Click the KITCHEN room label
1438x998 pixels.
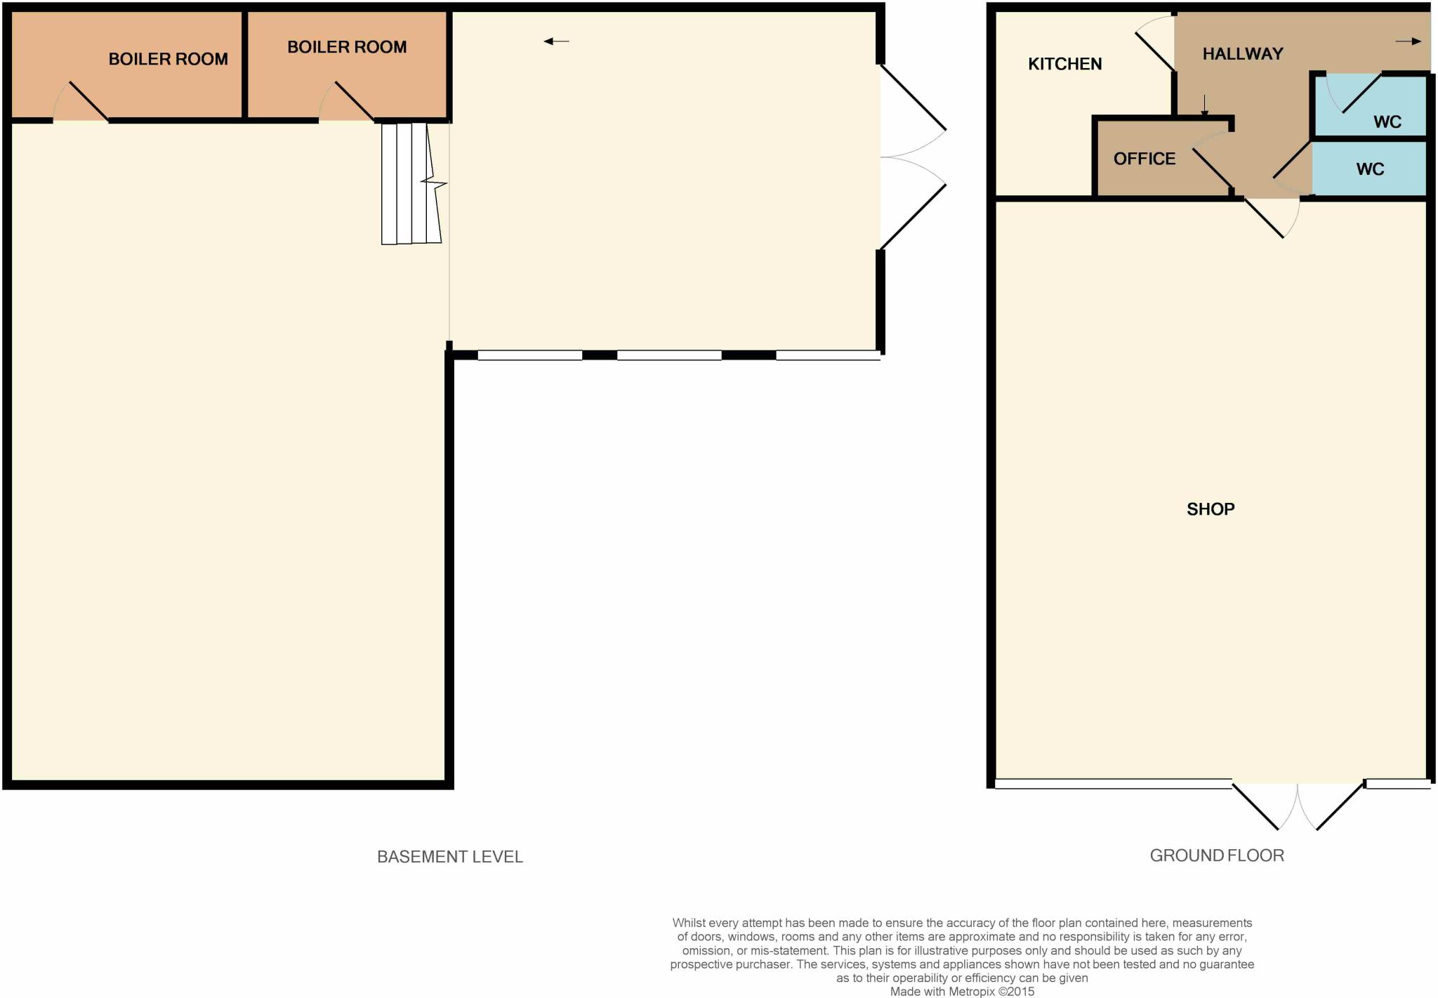(x=1064, y=64)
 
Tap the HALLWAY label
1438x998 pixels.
(x=1242, y=53)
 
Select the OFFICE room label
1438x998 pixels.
(x=1144, y=159)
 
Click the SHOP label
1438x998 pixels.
(x=1210, y=509)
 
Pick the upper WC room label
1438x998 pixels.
(x=1387, y=122)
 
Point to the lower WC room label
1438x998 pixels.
(x=1369, y=169)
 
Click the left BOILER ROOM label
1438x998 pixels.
(x=168, y=59)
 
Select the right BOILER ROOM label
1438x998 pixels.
(x=347, y=47)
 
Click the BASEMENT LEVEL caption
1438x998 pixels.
(x=449, y=857)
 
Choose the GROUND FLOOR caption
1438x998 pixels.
(x=1216, y=855)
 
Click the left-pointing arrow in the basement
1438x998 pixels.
(x=556, y=41)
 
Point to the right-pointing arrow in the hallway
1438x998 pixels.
(x=1407, y=41)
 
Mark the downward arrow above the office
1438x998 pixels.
(x=1205, y=105)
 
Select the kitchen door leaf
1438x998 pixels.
(x=1155, y=51)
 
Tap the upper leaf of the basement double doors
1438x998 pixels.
(x=913, y=97)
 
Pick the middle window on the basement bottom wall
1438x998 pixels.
(x=668, y=355)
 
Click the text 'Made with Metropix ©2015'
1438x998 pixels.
(x=962, y=992)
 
